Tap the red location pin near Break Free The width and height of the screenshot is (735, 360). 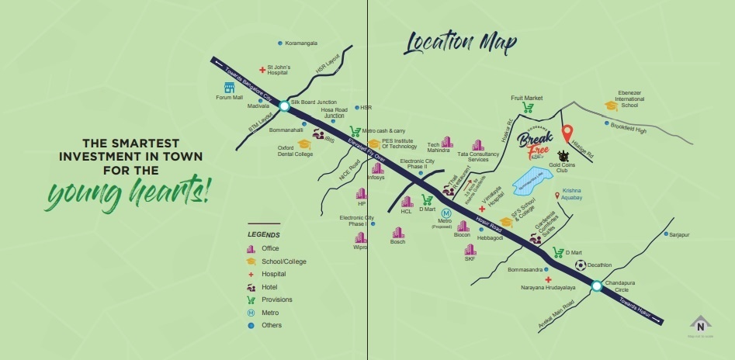point(567,133)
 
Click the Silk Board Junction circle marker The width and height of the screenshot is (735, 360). point(284,106)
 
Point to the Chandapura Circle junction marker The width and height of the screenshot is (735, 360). point(596,286)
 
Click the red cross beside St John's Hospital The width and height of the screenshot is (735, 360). point(262,70)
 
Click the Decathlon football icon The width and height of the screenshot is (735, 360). point(580,265)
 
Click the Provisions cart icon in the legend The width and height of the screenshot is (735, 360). point(250,299)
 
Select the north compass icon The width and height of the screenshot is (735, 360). point(702,325)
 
